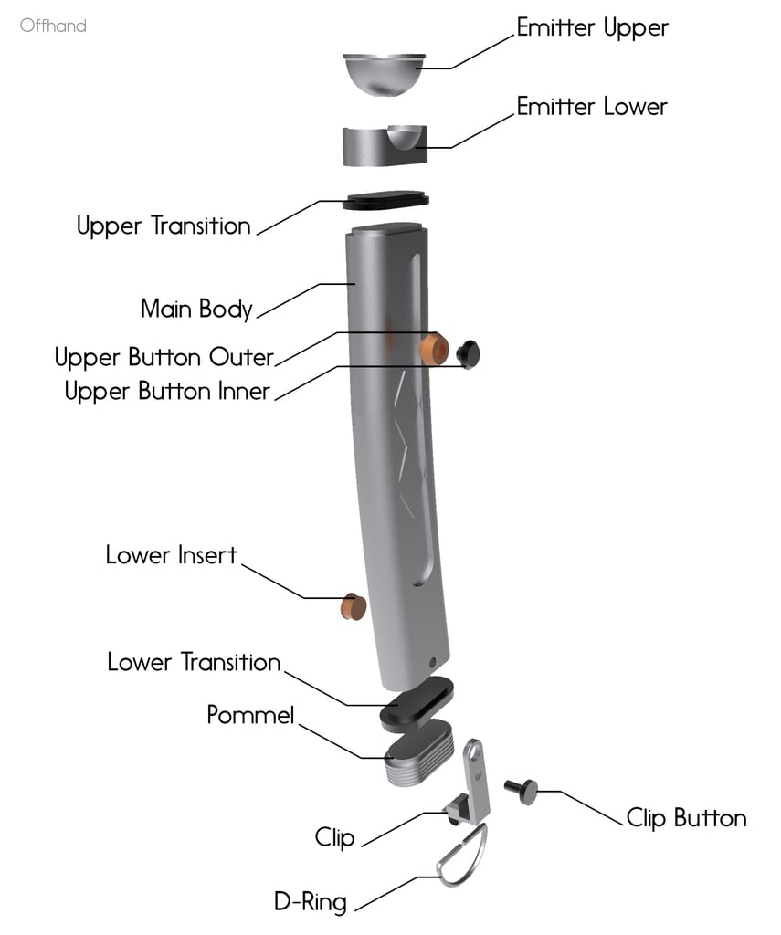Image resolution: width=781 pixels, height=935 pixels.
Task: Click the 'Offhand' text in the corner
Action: coord(53,26)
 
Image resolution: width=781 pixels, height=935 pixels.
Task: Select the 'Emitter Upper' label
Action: coord(592,27)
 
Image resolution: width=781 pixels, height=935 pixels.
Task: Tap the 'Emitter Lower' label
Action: coord(592,107)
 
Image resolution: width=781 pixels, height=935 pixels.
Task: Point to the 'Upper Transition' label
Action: coord(164,226)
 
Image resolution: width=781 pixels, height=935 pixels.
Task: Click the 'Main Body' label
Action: coord(196,309)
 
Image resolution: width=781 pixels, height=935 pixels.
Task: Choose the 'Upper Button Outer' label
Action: coord(164,356)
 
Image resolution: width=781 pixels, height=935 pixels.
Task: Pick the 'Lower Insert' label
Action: coord(172,555)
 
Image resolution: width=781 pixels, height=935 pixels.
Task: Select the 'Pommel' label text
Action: coord(250,715)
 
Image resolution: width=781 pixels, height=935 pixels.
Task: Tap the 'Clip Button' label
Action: coord(686,818)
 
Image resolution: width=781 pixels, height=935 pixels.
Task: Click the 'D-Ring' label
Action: coord(311,903)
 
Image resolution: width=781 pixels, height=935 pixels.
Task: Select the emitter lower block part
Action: coord(384,147)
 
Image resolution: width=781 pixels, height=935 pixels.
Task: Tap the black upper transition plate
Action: coord(386,199)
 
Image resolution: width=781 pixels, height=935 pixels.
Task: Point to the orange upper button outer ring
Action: coord(432,350)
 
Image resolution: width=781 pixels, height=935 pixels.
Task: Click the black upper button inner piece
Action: coord(470,352)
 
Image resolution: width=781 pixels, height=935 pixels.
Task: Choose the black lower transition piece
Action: coord(417,703)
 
